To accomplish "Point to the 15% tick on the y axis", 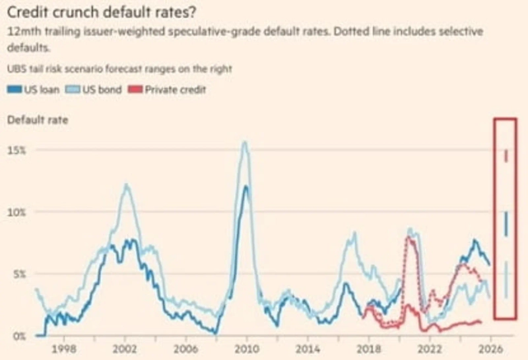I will [x=16, y=151].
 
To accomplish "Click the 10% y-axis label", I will [x=16, y=212].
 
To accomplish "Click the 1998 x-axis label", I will [x=65, y=348].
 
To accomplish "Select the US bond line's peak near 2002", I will [x=126, y=185].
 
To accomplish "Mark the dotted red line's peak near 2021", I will [x=409, y=238].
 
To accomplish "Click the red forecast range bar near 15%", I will [x=506, y=156].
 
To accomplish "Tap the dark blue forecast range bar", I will [x=506, y=224].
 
